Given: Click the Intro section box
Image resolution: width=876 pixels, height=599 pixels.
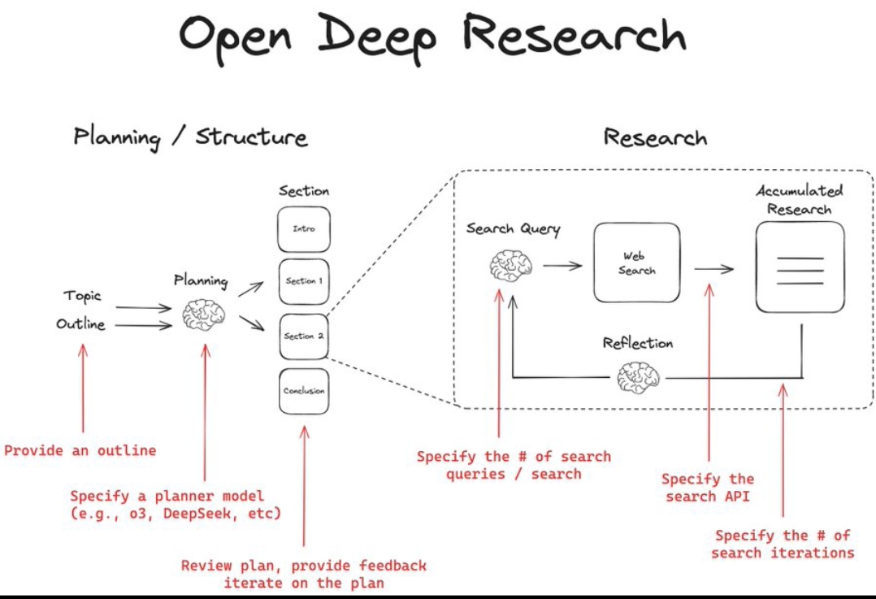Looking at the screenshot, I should (303, 228).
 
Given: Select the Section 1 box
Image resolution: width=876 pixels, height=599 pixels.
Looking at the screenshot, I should (303, 281).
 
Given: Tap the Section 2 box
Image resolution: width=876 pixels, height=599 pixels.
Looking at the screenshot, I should (303, 336).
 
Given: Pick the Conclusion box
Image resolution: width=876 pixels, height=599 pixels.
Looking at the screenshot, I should (303, 391).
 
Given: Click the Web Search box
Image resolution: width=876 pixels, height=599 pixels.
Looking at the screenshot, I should (636, 263).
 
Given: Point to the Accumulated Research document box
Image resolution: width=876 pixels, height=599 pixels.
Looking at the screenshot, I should (800, 267).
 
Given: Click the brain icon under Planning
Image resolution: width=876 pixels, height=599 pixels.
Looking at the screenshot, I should (202, 315).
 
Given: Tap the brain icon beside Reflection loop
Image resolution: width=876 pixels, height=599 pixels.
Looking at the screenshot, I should (638, 377).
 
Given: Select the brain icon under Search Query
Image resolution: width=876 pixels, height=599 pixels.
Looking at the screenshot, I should (511, 265).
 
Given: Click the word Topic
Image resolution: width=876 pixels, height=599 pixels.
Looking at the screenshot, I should (83, 296).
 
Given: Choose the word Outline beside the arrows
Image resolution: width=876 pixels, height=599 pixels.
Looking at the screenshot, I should (80, 324).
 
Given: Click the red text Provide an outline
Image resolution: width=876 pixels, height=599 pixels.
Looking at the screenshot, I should (80, 450).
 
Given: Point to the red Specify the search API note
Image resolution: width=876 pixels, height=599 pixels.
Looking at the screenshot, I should (708, 488).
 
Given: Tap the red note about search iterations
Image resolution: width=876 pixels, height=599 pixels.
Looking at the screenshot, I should (783, 545).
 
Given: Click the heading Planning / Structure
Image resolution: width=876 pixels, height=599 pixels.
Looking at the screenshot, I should (190, 137).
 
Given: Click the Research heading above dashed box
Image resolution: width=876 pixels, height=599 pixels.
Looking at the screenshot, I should (655, 137).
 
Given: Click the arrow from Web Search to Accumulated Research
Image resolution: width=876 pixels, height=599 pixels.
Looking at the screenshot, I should (713, 270).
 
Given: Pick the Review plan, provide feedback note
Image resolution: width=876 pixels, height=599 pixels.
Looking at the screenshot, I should (303, 574).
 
